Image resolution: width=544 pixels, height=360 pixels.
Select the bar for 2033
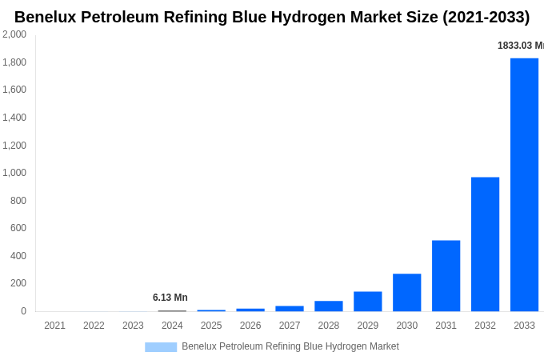[524, 185]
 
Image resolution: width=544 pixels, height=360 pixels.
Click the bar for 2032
[485, 244]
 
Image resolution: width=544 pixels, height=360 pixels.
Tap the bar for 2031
[446, 276]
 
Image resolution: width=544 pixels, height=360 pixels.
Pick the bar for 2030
[406, 293]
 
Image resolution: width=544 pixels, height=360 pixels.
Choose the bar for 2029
[367, 302]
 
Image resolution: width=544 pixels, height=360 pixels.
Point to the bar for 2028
[328, 306]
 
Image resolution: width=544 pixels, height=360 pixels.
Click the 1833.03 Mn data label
[520, 46]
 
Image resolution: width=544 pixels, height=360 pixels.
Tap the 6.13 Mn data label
[170, 298]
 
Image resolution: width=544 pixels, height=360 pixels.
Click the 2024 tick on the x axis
[172, 326]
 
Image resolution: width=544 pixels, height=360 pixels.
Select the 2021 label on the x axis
[54, 326]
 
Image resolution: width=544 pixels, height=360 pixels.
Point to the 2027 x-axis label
[290, 326]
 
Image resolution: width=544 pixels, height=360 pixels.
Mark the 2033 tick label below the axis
[524, 326]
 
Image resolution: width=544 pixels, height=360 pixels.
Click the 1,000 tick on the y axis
[14, 173]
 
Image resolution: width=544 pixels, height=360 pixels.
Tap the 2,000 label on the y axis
[14, 34]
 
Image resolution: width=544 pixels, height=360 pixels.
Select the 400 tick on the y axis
[18, 256]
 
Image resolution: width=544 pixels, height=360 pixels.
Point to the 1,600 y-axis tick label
[14, 90]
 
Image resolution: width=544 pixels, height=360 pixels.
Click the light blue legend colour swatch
[160, 347]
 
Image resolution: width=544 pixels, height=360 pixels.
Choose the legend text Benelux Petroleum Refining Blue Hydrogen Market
[290, 346]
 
